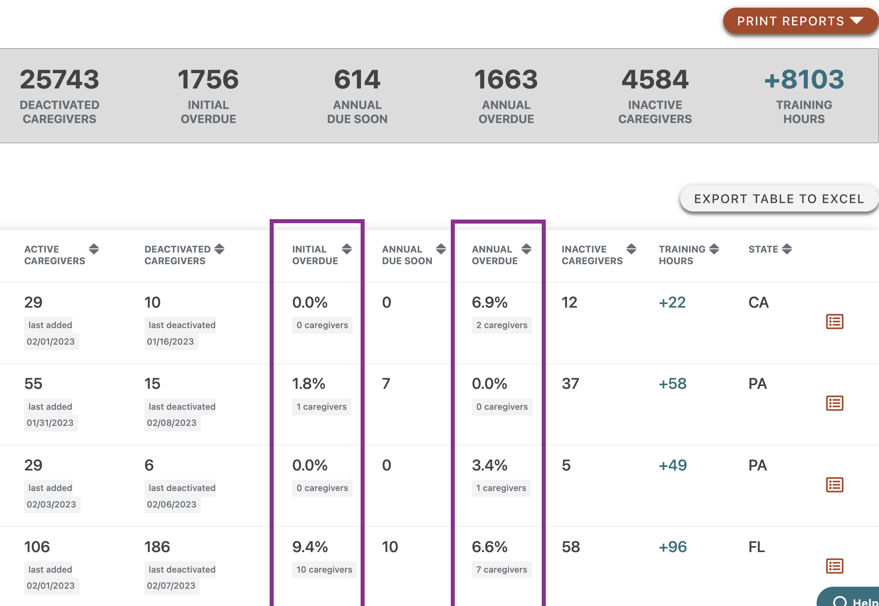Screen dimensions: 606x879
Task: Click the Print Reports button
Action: [x=800, y=21]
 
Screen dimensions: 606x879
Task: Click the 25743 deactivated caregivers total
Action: [x=60, y=80]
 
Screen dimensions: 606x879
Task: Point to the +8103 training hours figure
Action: [x=804, y=80]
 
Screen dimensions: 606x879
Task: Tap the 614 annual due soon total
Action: [x=357, y=80]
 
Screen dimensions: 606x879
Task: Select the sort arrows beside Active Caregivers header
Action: [x=94, y=249]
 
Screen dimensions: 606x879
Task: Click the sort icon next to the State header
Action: [x=787, y=249]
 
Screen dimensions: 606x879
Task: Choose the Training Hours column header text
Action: [x=681, y=255]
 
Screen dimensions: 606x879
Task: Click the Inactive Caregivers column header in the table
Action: [x=592, y=255]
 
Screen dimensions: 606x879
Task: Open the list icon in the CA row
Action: [x=834, y=322]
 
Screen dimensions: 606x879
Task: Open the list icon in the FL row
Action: [x=834, y=566]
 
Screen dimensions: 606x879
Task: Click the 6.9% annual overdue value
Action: [x=489, y=302]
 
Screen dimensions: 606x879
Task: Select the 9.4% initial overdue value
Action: [x=310, y=547]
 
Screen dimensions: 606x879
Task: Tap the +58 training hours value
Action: [x=673, y=384]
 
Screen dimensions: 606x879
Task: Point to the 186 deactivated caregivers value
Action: [x=157, y=547]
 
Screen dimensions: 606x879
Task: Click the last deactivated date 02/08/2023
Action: [x=172, y=423]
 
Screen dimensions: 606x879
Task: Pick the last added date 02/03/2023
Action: [x=52, y=505]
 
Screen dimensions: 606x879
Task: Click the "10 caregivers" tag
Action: [x=324, y=570]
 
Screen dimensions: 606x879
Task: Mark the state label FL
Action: [x=757, y=547]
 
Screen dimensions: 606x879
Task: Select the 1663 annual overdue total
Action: [x=506, y=80]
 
